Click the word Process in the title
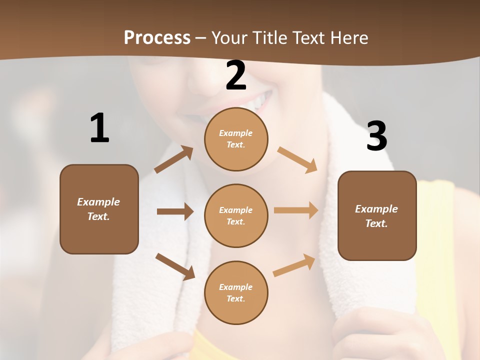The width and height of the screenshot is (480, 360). click(x=157, y=37)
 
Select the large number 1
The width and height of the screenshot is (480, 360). click(x=99, y=128)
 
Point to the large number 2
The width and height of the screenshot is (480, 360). click(x=236, y=75)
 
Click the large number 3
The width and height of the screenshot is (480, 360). click(x=376, y=136)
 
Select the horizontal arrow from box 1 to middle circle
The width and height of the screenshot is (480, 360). click(x=175, y=211)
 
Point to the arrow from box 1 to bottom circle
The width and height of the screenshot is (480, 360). click(x=175, y=266)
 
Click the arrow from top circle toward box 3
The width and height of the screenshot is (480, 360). click(x=297, y=160)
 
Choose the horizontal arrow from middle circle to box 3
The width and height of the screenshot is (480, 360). click(x=296, y=210)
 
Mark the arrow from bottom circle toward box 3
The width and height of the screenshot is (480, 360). click(x=294, y=265)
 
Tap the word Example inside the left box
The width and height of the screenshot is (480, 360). click(x=98, y=202)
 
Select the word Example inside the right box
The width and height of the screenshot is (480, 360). click(x=376, y=209)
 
